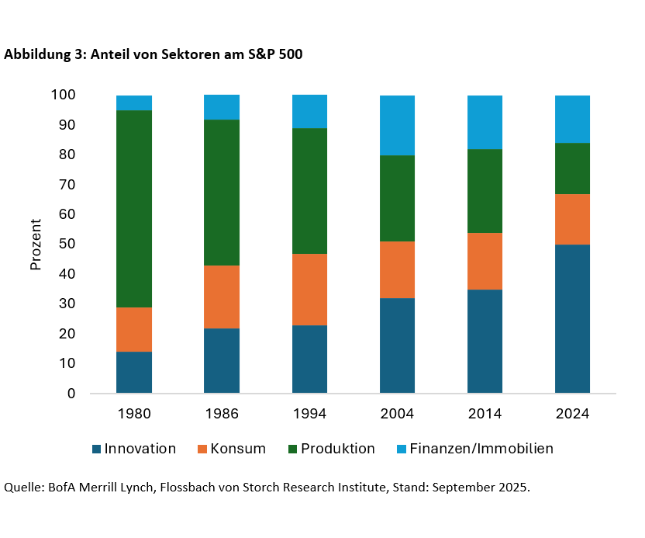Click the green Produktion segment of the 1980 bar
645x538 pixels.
coord(134,209)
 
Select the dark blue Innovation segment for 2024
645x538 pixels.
coord(572,318)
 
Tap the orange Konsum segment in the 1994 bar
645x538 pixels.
coord(309,290)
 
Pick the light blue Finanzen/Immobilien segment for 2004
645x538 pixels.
coord(397,125)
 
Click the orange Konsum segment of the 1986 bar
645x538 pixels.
coord(222,297)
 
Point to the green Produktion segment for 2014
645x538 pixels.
coord(485,191)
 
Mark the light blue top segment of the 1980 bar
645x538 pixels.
coord(134,103)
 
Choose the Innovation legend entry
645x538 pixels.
coord(140,449)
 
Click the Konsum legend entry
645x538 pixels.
coord(238,449)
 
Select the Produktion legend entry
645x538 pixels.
coord(337,449)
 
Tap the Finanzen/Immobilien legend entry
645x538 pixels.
coord(481,449)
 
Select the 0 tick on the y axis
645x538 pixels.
coord(71,394)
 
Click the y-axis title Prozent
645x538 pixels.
coord(36,245)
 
